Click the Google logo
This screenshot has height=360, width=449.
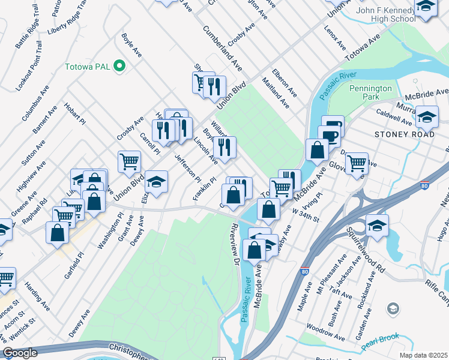[20, 353]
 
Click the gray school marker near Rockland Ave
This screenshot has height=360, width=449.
[393, 308]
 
